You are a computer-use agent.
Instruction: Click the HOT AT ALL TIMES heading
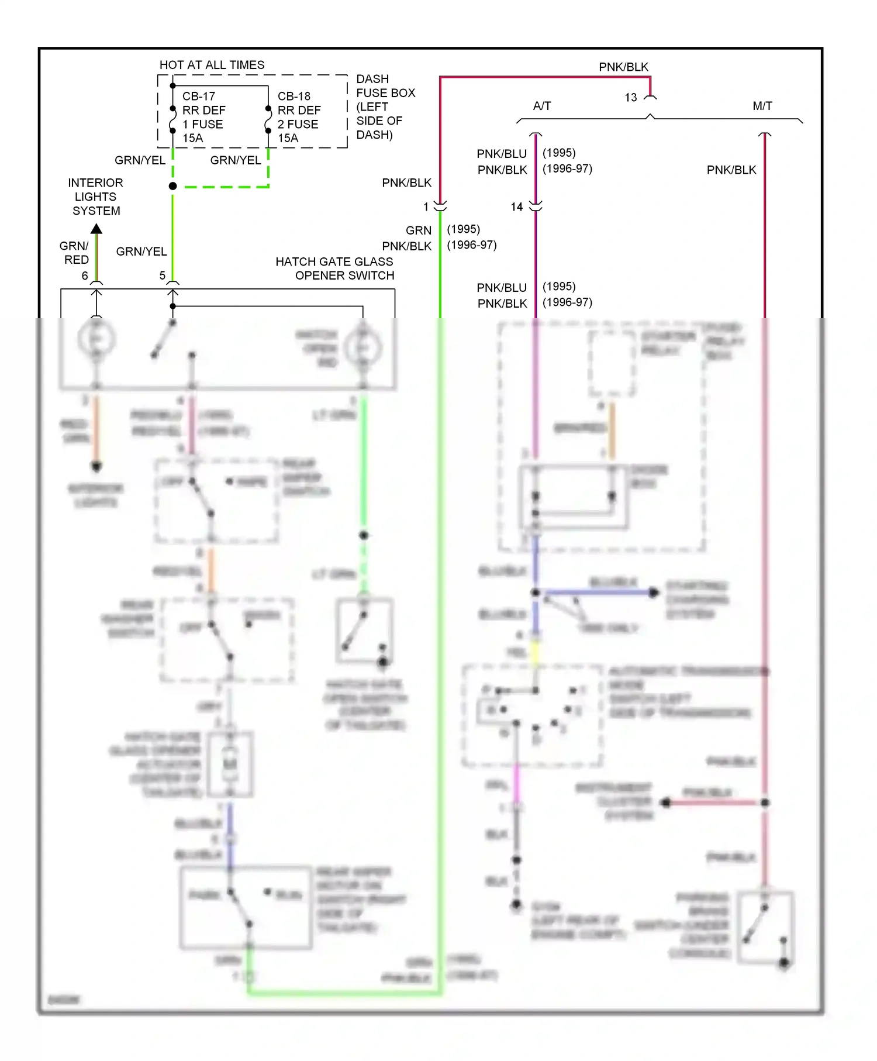(x=212, y=65)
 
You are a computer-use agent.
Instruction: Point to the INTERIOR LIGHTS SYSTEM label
(x=96, y=197)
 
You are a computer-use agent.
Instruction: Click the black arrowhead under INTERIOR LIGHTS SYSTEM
(x=96, y=228)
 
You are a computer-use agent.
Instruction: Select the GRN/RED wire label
(x=75, y=253)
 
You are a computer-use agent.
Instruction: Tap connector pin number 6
(x=85, y=275)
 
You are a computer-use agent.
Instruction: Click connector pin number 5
(x=163, y=275)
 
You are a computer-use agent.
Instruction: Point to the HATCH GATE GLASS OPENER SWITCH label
(x=335, y=268)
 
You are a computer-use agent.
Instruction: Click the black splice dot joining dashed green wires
(x=172, y=186)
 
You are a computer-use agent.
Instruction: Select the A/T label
(x=542, y=106)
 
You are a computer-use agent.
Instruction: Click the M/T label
(x=762, y=106)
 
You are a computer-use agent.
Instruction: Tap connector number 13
(x=631, y=98)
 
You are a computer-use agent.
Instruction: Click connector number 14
(x=517, y=207)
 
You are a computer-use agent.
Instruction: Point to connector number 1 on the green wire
(x=426, y=207)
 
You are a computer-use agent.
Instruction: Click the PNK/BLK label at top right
(x=623, y=67)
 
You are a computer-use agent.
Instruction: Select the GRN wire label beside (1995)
(x=419, y=230)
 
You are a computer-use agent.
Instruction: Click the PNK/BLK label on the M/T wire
(x=731, y=170)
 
